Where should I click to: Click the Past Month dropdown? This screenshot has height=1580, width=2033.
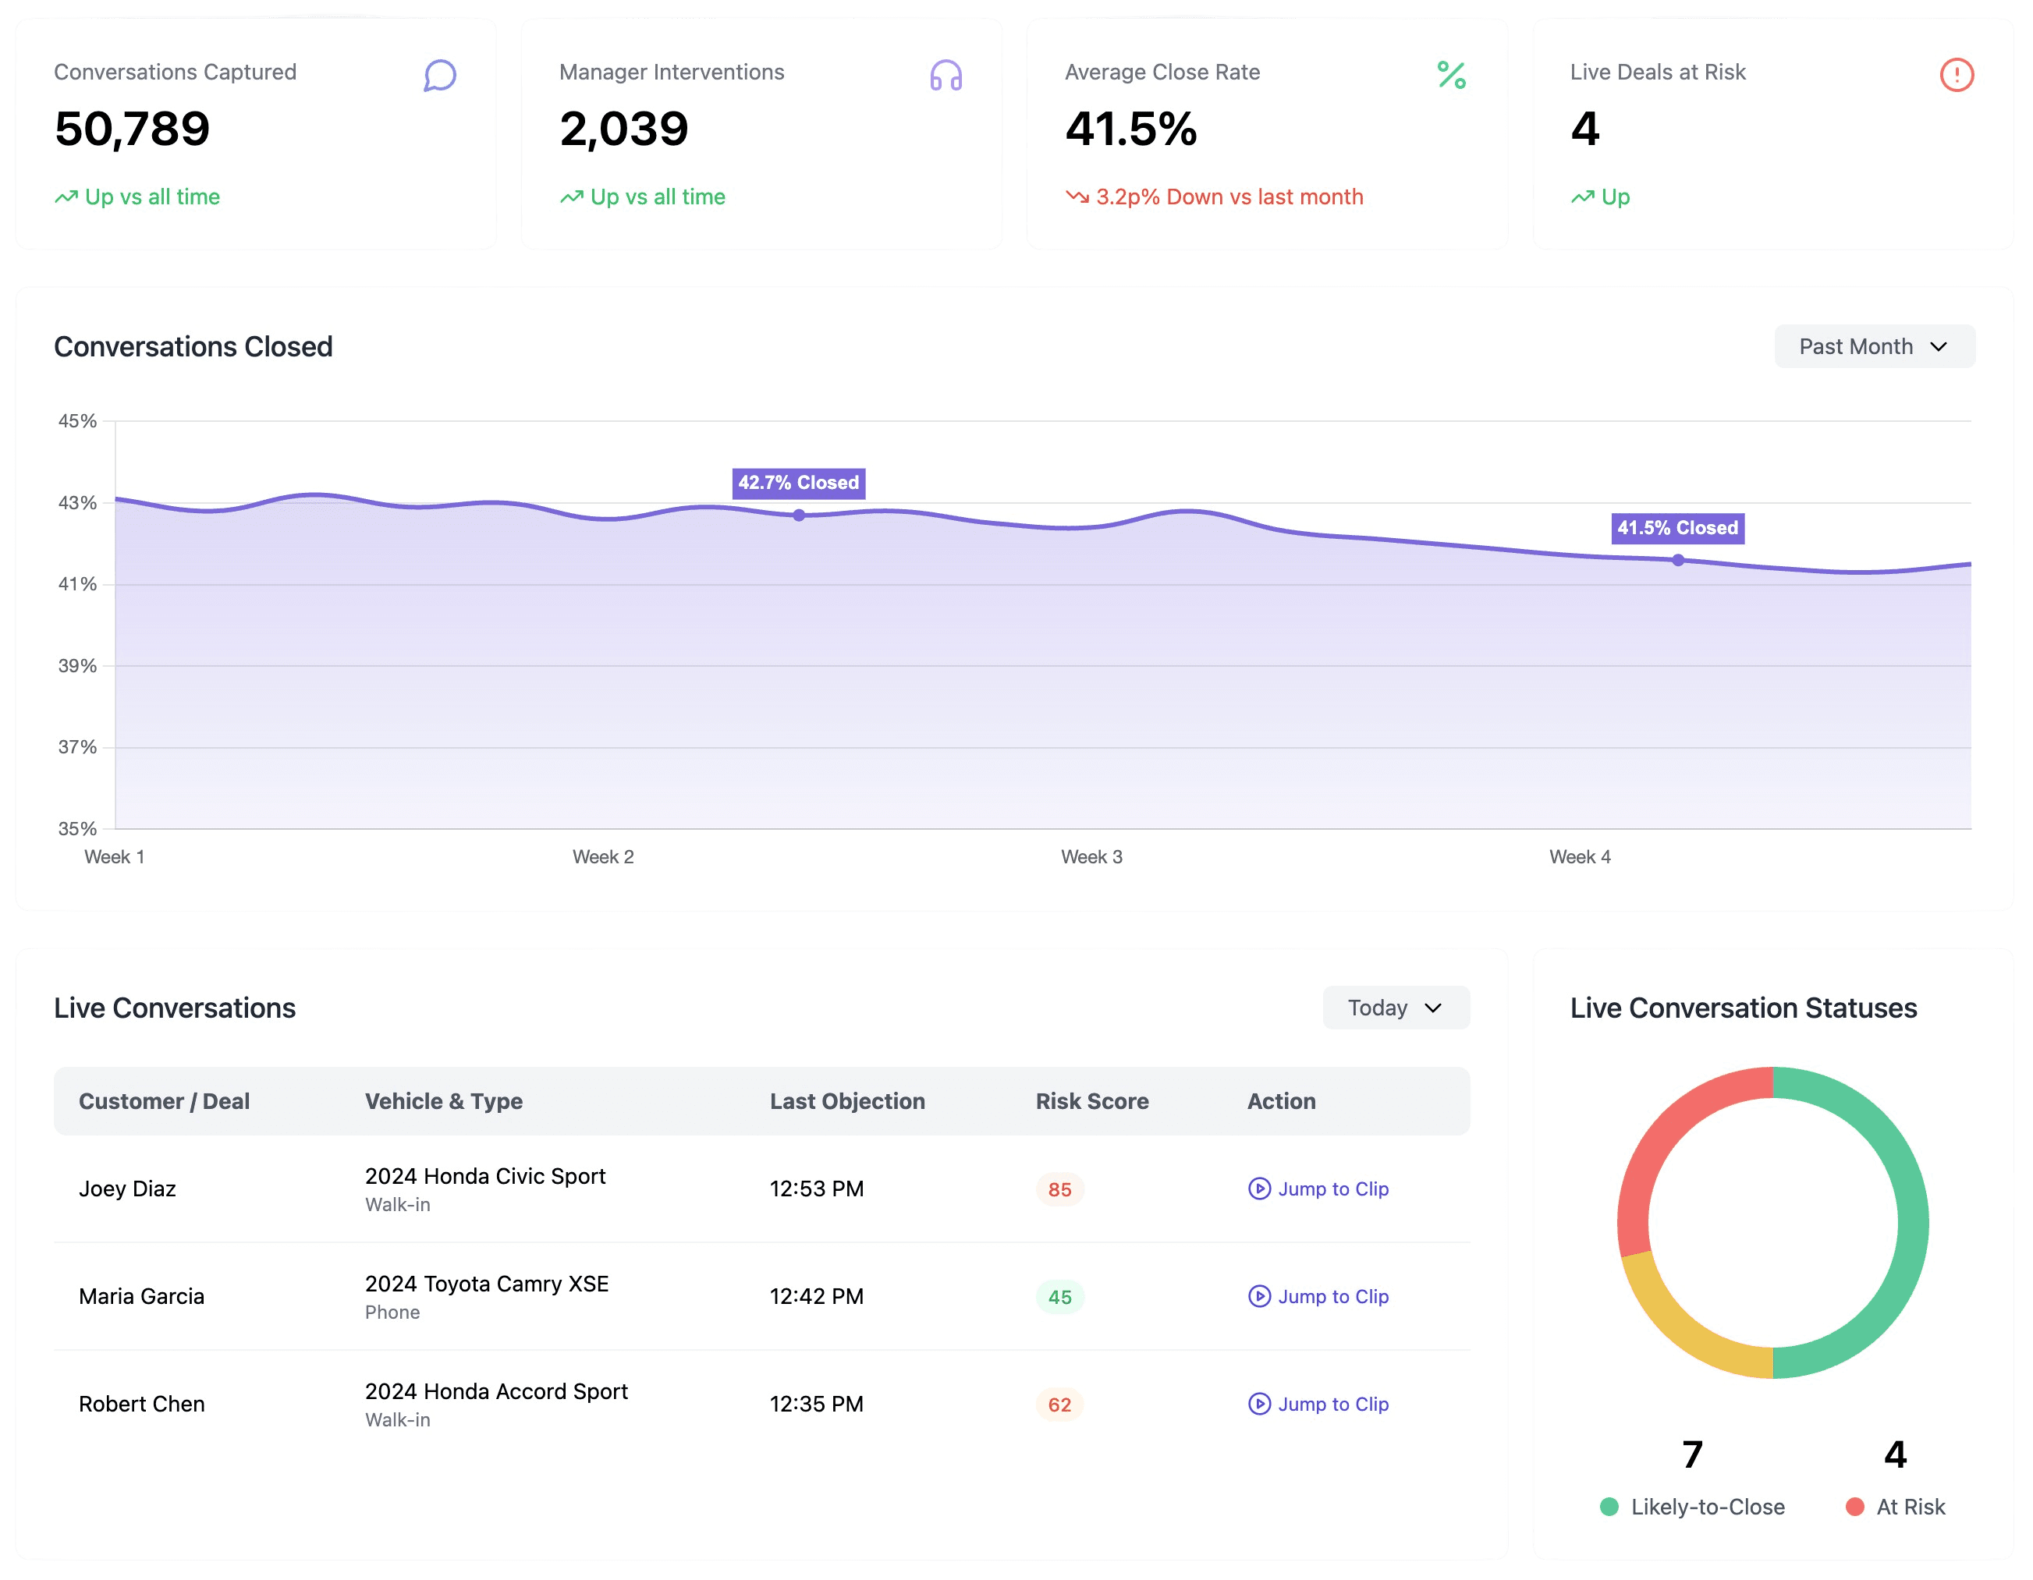[x=1874, y=346]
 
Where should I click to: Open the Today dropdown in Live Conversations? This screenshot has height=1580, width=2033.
[x=1396, y=1008]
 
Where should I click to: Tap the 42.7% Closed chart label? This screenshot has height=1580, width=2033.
[x=799, y=483]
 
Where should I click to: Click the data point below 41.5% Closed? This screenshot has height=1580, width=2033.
[x=1677, y=560]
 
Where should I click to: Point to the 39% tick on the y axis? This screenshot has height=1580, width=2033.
[x=77, y=665]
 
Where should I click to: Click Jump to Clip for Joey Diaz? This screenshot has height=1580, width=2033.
[x=1318, y=1189]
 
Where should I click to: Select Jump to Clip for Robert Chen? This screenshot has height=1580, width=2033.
[x=1318, y=1404]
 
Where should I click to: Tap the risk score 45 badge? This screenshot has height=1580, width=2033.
[x=1059, y=1297]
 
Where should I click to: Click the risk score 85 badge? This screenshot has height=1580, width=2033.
[x=1059, y=1189]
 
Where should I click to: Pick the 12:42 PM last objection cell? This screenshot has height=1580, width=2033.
[x=816, y=1296]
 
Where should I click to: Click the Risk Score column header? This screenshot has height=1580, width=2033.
[x=1092, y=1101]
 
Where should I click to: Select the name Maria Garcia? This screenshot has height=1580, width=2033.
[x=141, y=1296]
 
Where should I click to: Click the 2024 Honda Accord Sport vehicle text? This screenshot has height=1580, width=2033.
[x=496, y=1391]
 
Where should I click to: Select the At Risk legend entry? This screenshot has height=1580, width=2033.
[x=1895, y=1507]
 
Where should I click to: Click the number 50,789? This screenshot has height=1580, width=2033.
[x=132, y=129]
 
